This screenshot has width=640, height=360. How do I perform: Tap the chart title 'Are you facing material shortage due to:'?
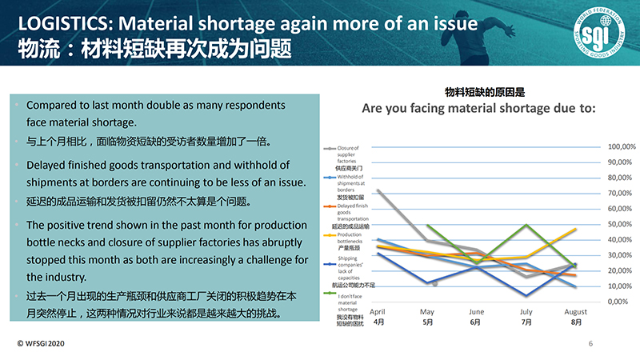478,108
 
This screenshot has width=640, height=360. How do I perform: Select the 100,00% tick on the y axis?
622,147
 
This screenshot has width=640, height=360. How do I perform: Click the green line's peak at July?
526,225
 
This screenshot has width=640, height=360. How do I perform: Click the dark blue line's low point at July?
526,295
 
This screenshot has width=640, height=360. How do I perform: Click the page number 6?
590,343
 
